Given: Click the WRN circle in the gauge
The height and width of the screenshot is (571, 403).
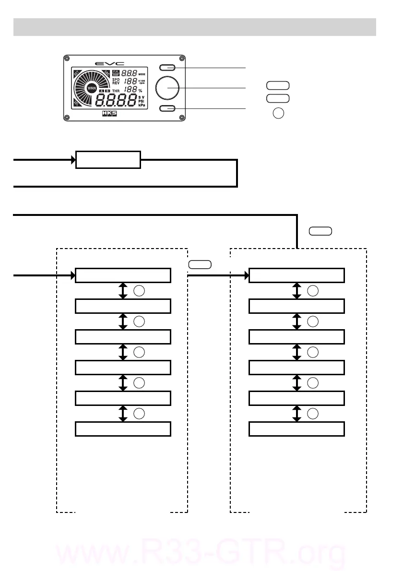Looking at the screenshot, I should coord(92,88).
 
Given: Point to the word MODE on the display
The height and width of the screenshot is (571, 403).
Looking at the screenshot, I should coord(142,74).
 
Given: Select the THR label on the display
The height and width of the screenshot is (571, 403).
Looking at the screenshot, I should coord(116,90).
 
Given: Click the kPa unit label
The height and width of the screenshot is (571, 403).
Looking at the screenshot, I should coord(142,105).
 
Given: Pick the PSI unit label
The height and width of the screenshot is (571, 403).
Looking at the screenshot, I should coord(142,101).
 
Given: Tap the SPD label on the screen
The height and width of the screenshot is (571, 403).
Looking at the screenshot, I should coord(116,79).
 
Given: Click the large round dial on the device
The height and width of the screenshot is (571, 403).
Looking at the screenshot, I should coord(167,88).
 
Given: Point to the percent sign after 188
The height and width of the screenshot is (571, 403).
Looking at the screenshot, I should coord(141,90).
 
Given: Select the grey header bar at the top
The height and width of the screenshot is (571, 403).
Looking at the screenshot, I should coord(194,27).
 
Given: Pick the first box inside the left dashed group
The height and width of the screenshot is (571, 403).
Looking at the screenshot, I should coord(123,275).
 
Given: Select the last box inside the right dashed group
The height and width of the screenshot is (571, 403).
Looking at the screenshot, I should coord(296,429).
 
